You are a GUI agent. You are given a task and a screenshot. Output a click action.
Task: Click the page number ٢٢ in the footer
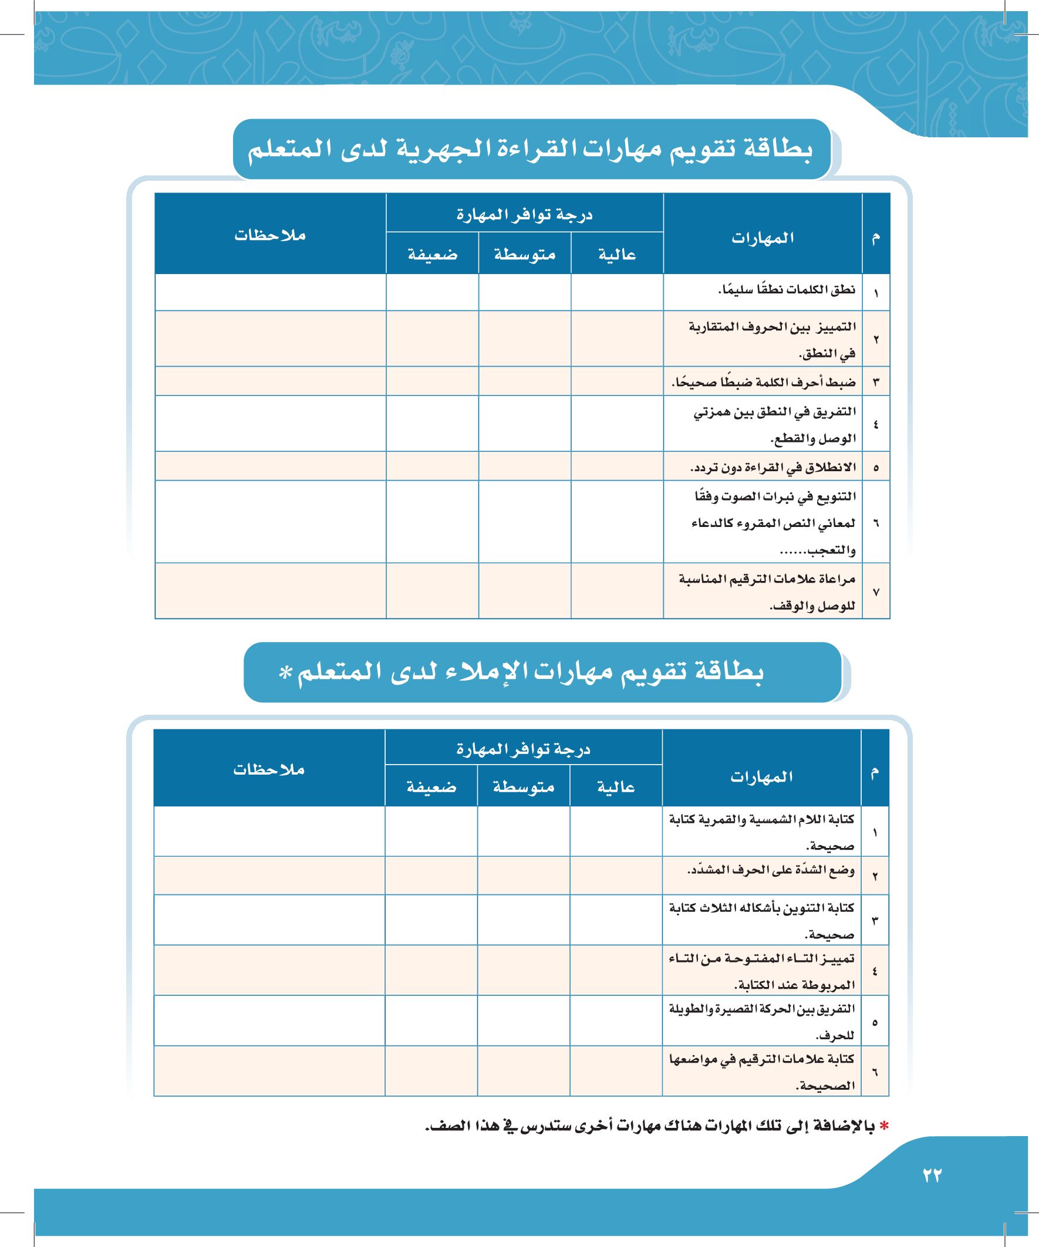[x=932, y=1175]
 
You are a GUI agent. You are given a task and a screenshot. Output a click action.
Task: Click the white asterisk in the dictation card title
[x=286, y=672]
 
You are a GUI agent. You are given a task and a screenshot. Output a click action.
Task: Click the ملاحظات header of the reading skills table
[x=270, y=235]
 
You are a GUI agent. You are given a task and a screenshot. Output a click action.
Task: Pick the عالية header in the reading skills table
[x=617, y=255]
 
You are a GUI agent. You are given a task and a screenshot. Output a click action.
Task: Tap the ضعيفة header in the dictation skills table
[x=431, y=787]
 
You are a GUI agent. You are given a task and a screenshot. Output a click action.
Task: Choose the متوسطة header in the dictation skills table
[x=524, y=787]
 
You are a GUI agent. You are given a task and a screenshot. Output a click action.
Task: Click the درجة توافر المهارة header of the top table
[x=525, y=214]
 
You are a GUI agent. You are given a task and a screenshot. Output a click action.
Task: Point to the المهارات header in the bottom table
[x=761, y=777]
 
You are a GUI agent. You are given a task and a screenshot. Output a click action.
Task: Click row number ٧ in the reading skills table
[x=876, y=592]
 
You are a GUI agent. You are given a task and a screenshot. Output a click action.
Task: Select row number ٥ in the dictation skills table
[x=875, y=1022]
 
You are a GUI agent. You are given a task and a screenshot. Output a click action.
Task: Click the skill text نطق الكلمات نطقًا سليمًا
[x=787, y=290]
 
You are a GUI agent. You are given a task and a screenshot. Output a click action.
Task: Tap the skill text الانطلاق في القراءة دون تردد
[x=773, y=467]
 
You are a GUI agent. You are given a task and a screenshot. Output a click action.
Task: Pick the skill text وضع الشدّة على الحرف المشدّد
[x=771, y=870]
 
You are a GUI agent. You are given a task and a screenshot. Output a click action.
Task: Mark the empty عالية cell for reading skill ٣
[x=617, y=381]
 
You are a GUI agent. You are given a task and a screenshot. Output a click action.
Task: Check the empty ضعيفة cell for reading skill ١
[x=433, y=292]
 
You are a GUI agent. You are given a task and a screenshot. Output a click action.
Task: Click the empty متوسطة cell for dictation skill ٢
[x=524, y=876]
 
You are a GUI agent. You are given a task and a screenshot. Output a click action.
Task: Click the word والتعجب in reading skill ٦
[x=831, y=550]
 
